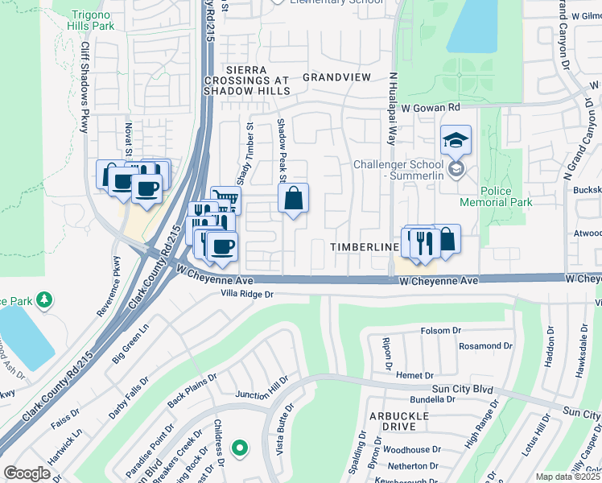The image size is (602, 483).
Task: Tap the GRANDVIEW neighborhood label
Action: click(336, 77)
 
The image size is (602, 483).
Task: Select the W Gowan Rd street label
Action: click(431, 106)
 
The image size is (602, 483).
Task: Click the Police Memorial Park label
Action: click(496, 196)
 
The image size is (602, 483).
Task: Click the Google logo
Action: click(27, 473)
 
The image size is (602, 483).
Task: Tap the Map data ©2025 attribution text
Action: click(568, 477)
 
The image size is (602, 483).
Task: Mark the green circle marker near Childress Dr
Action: click(238, 448)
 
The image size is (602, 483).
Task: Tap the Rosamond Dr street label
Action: click(485, 346)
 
